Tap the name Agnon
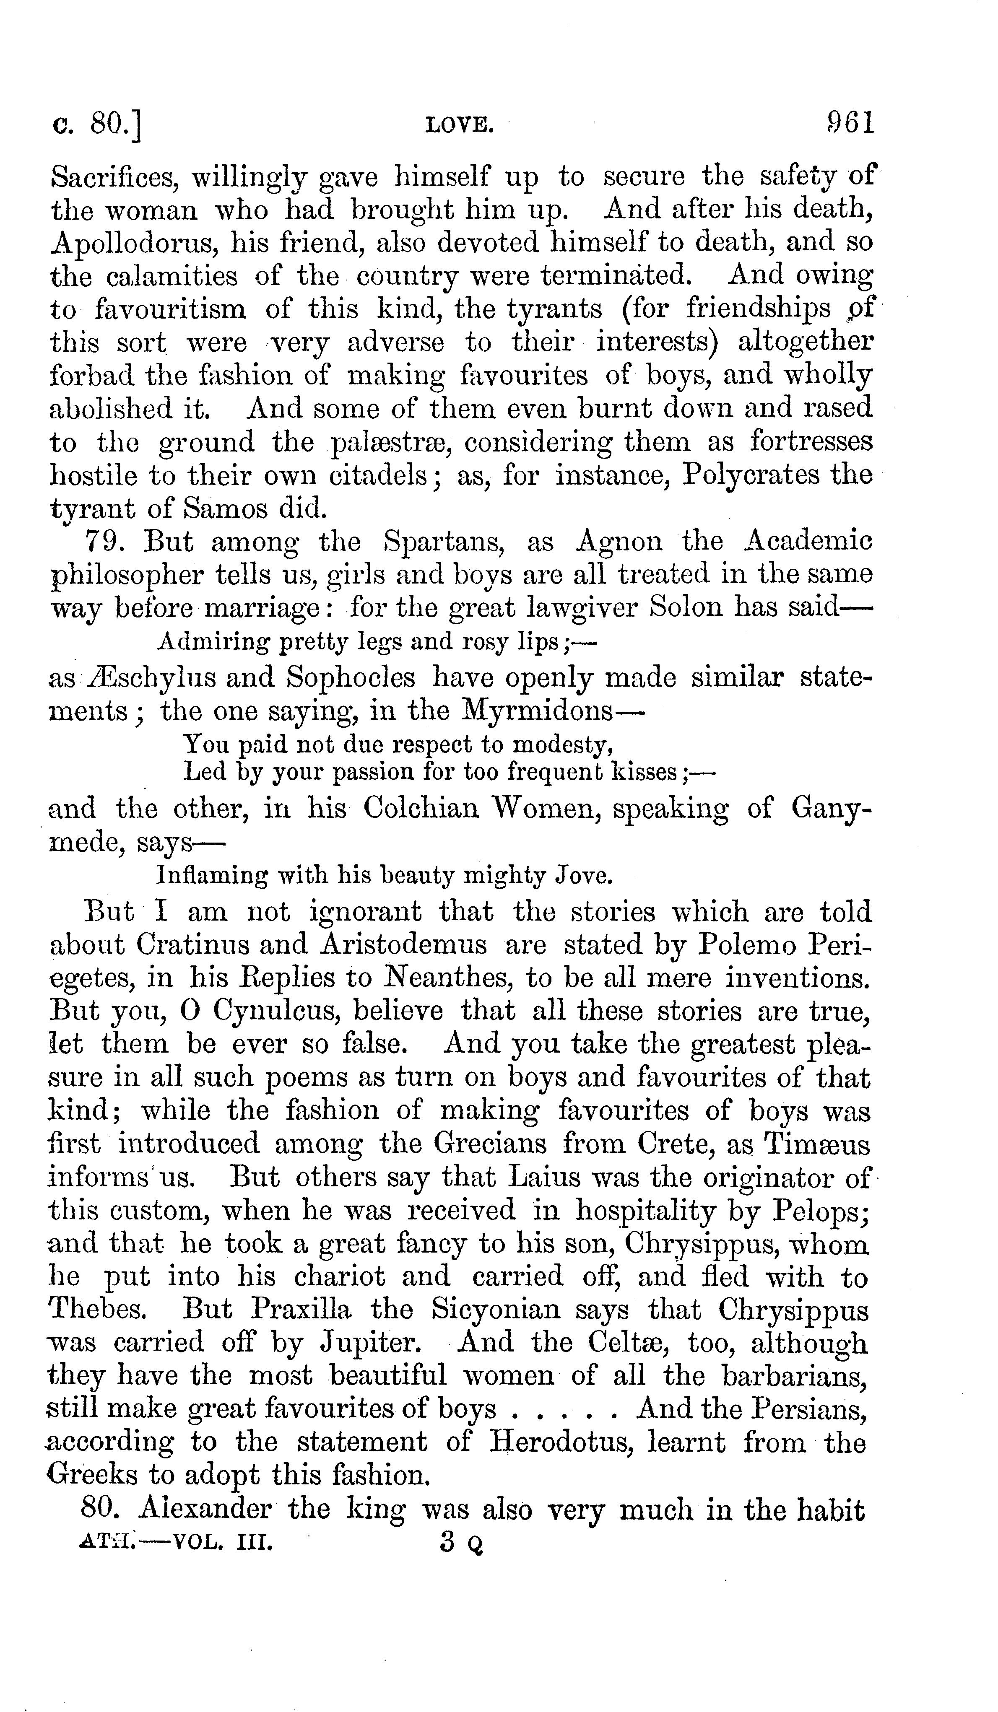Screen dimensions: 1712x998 click(x=618, y=542)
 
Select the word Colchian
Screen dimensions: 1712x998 click(x=421, y=809)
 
